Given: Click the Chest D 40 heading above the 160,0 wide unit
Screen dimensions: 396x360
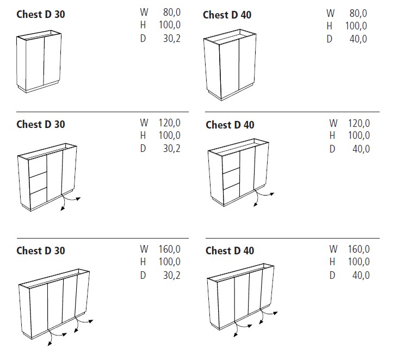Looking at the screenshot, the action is point(230,251).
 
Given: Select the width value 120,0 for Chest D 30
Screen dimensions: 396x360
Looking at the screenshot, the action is point(170,123).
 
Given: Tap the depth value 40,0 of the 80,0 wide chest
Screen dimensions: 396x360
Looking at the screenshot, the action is point(358,39).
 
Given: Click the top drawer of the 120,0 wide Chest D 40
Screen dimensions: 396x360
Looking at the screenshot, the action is point(231,163).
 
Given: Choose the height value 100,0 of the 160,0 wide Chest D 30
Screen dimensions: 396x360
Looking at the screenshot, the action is point(170,261).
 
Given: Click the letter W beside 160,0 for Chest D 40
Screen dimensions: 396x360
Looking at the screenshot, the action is point(333,249).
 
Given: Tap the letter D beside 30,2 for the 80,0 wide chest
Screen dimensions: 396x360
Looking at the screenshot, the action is point(143,39).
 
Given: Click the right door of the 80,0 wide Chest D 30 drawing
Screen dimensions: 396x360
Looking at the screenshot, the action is point(52,59).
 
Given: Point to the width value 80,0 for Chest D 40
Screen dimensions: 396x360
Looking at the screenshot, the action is point(358,13).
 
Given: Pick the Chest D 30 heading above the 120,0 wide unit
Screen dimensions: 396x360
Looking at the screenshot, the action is point(41,124).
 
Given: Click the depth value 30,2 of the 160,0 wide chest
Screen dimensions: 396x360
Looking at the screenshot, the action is point(172,275).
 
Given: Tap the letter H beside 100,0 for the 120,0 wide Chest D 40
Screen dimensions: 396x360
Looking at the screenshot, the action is point(332,136).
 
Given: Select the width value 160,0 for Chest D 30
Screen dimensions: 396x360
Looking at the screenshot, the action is point(170,249).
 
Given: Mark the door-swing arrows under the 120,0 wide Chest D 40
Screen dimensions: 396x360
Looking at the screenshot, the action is point(263,198).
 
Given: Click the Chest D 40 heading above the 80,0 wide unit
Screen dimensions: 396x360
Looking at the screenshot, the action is point(227,15).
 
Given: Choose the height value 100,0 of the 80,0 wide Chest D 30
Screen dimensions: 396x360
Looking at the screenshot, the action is point(170,25).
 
